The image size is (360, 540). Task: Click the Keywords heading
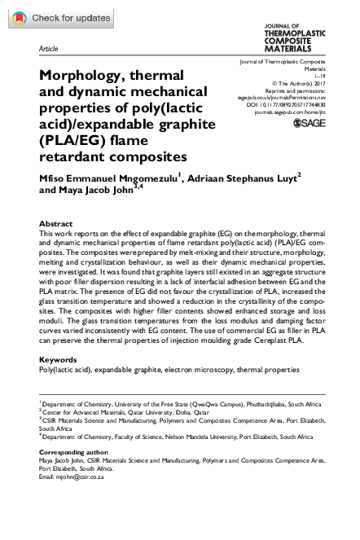pos(59,359)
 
